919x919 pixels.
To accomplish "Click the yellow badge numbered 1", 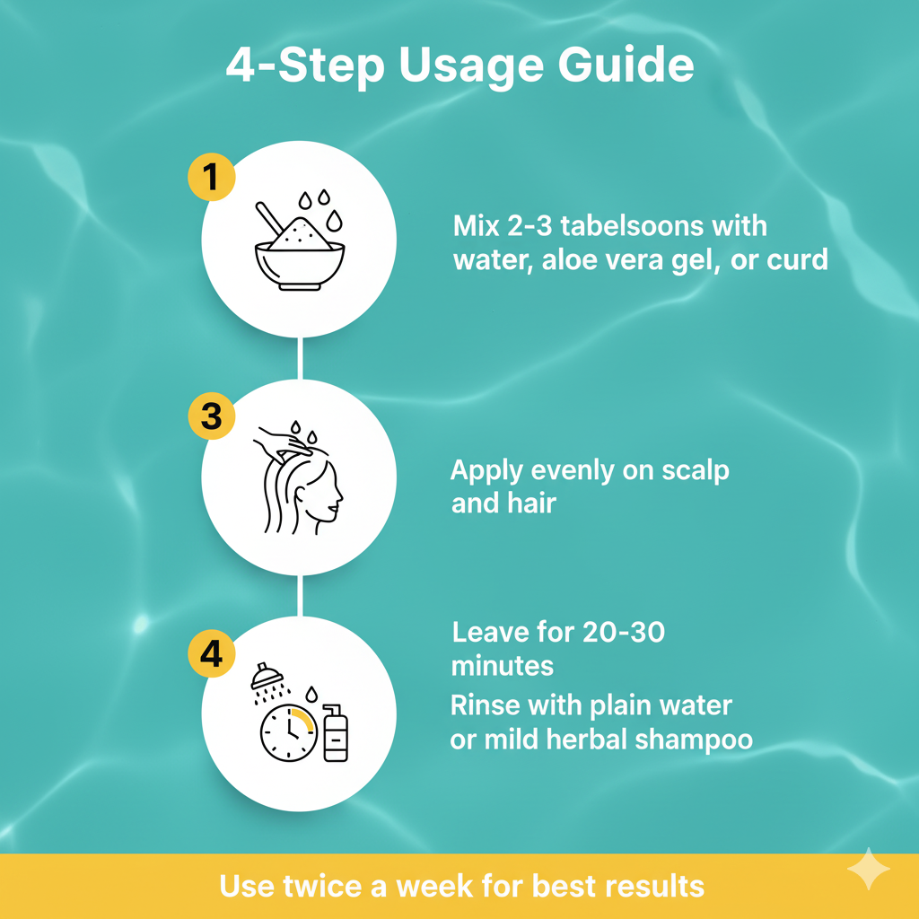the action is tap(211, 177).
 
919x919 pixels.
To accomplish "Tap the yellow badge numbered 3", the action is tap(211, 416).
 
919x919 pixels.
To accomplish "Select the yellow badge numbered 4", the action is tap(211, 653).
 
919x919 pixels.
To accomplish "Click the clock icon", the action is tap(289, 732).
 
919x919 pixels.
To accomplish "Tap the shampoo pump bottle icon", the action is tap(336, 732).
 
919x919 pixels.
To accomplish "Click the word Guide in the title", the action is tap(626, 66).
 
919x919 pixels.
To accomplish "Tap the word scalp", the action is tap(696, 470).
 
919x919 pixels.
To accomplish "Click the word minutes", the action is tap(503, 667).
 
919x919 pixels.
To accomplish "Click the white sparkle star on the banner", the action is tap(869, 869).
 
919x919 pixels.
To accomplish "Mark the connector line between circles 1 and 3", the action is tap(300, 358).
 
